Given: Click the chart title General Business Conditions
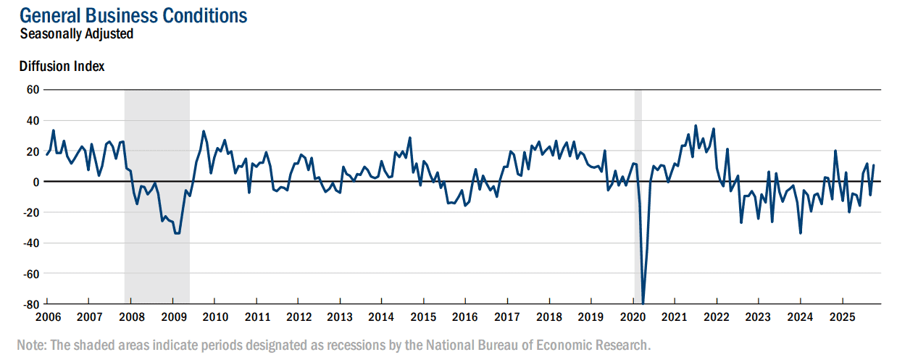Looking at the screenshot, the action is (133, 16).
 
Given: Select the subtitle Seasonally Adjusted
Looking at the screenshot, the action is (77, 34).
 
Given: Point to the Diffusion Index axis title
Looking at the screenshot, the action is (62, 66).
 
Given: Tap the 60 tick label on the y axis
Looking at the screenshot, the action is (33, 90).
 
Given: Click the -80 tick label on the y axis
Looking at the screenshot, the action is (31, 305).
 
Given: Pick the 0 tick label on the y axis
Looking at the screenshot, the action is (36, 182).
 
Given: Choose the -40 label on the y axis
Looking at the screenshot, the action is (31, 243).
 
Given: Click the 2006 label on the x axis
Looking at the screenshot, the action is (48, 317).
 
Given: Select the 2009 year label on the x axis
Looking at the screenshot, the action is (174, 317).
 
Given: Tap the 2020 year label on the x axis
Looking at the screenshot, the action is (633, 317).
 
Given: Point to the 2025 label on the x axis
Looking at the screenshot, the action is (842, 317).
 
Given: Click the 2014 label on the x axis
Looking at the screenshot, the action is (381, 317).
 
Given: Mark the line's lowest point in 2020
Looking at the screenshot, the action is (643, 303).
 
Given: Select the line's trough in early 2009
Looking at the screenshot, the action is (177, 233).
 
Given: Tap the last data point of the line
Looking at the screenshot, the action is (873, 165).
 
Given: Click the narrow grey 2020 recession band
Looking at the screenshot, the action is (638, 196).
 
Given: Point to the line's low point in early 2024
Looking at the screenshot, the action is (801, 233).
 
